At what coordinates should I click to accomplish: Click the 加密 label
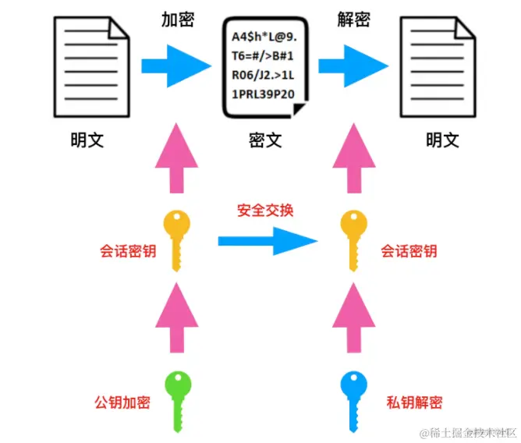pos(178,19)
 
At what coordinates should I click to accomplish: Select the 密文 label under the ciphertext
pos(265,140)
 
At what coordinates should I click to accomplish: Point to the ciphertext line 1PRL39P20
pos(264,94)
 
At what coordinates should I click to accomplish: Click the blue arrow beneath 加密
pos(178,60)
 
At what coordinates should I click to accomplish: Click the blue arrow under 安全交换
pos(268,239)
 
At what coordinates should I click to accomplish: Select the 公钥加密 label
pos(122,402)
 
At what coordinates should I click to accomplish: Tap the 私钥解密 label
pos(414,402)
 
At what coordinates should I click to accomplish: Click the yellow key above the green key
pos(178,238)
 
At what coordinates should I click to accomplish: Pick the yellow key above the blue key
pos(353,238)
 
